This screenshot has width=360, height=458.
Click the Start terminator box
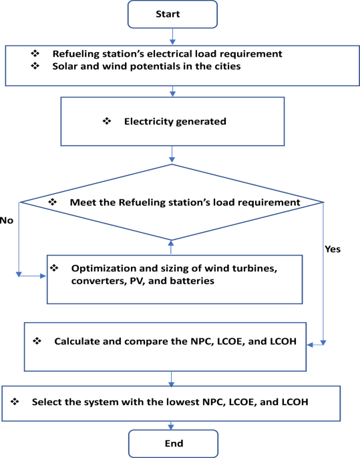click(172, 14)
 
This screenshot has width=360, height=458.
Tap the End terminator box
click(173, 443)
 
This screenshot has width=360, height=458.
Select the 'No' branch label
click(7, 221)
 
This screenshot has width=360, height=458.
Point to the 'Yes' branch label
click(333, 249)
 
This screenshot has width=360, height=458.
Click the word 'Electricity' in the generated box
click(148, 122)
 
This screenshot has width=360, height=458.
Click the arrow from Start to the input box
click(172, 37)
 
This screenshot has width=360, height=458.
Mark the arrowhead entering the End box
click(171, 427)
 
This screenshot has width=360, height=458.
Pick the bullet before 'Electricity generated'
click(107, 121)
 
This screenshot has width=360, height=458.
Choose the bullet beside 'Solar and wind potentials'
click(35, 66)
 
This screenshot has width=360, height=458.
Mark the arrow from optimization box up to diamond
click(171, 247)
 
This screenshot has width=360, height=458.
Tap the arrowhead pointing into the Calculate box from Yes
click(310, 345)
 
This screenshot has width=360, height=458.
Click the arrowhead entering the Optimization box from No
click(43, 275)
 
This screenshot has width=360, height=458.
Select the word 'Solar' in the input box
click(65, 66)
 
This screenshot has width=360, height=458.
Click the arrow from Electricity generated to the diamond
click(172, 154)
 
